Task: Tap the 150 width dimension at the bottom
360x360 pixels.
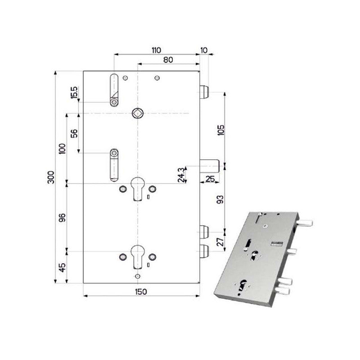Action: point(141,292)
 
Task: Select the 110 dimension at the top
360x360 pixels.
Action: point(156,49)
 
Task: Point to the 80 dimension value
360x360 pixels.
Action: point(169,59)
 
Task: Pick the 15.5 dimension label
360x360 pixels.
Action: point(74,93)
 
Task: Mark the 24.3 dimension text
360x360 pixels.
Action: point(180,174)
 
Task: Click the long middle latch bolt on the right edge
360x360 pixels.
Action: point(209,165)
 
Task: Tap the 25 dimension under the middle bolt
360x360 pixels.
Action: point(210,179)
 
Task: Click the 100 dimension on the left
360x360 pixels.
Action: point(63,148)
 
